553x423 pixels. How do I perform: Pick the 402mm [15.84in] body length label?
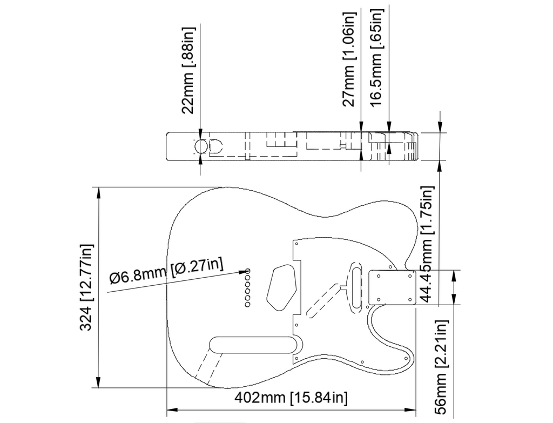(x=291, y=398)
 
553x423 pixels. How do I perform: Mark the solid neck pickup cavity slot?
(x=355, y=286)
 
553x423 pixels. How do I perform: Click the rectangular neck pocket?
(x=391, y=287)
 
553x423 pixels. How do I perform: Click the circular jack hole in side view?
(x=200, y=146)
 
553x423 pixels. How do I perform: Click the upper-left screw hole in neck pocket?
(x=379, y=276)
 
